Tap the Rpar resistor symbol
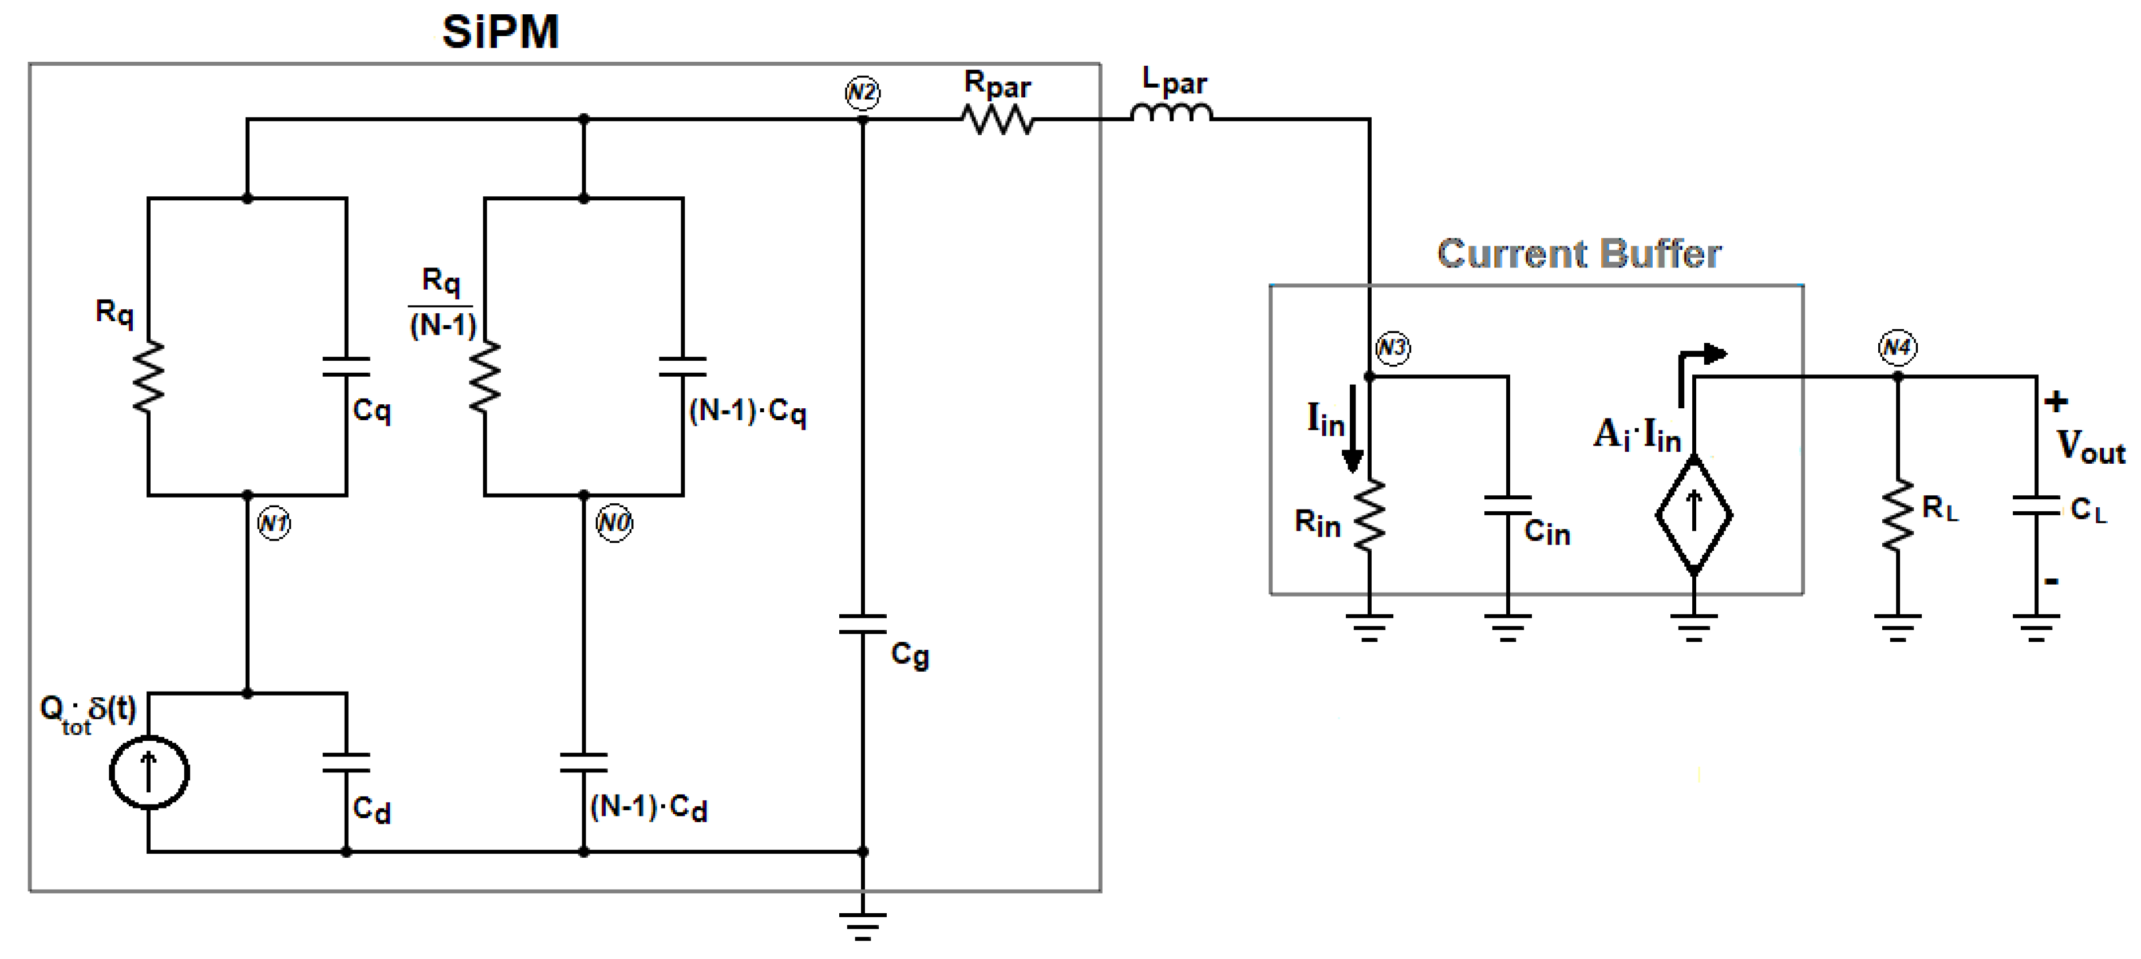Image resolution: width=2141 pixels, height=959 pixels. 997,120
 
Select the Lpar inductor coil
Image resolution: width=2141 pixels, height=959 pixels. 1171,114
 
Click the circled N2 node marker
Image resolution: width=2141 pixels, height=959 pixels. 862,92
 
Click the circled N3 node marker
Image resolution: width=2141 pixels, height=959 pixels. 1392,348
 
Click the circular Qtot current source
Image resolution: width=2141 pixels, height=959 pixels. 149,772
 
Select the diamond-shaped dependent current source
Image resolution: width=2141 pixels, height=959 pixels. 1694,515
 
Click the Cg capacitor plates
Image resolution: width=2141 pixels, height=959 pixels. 863,623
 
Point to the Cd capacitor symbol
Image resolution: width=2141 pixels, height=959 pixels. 346,763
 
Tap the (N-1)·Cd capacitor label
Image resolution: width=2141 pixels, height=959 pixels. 648,807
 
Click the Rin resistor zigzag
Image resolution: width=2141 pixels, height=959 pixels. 1369,515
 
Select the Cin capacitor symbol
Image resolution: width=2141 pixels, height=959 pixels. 1508,505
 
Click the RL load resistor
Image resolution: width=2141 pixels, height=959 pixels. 1898,515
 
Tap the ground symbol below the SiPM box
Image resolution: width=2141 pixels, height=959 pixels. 863,924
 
